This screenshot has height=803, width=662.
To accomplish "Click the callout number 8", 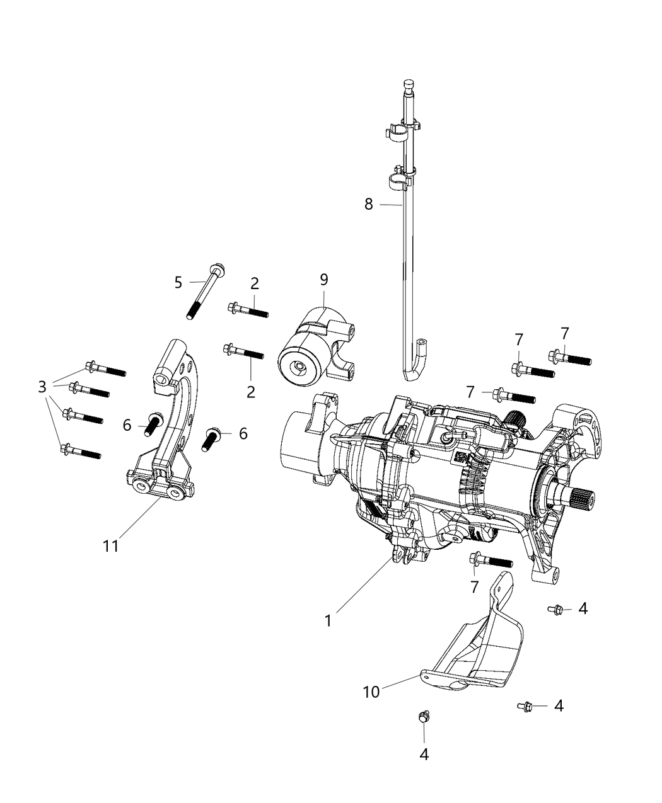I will [x=369, y=204].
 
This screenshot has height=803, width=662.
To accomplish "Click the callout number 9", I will [x=323, y=279].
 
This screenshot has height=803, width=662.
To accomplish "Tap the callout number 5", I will [x=178, y=282].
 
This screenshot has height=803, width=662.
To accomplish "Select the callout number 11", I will [x=111, y=546].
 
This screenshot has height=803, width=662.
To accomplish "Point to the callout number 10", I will [x=371, y=692].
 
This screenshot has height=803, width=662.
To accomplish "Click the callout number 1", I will [x=328, y=620].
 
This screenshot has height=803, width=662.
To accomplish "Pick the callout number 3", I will [x=42, y=385].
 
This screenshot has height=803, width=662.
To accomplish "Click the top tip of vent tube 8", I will [x=408, y=83].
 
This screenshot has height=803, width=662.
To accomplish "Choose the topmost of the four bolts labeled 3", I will [x=105, y=369].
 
